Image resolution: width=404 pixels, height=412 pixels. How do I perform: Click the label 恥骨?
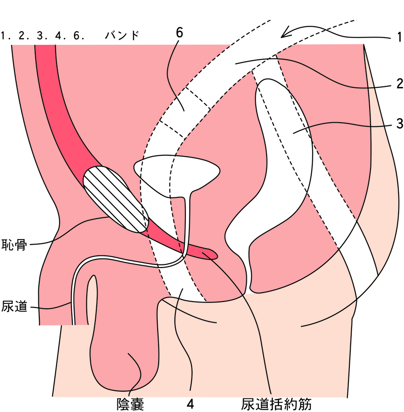[x=14, y=244]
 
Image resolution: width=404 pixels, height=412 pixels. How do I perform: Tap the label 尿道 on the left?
[x=14, y=306]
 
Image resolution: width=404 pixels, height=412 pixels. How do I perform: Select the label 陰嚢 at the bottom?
[x=131, y=405]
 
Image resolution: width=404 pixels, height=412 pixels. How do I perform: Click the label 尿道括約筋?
[x=276, y=405]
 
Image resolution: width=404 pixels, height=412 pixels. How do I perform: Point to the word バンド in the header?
[x=122, y=35]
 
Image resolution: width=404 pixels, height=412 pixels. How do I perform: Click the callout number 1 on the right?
[x=399, y=37]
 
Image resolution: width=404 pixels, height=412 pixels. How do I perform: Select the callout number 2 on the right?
[x=399, y=84]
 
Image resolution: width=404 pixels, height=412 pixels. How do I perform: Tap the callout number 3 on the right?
[x=399, y=124]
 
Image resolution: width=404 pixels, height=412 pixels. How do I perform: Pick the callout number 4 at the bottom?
[x=190, y=404]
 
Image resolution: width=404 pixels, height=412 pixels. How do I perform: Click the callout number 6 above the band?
[x=179, y=33]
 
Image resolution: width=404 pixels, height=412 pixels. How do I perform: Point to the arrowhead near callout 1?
[x=286, y=32]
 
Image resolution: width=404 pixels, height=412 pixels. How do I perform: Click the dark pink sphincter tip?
[x=209, y=254]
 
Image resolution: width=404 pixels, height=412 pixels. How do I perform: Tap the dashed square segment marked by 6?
[x=185, y=112]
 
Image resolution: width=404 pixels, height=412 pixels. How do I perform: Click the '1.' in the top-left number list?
[x=6, y=36]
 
